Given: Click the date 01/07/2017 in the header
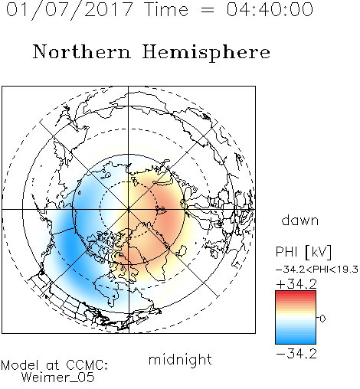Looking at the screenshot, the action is point(70,10).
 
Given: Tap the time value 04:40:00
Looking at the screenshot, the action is point(270,9).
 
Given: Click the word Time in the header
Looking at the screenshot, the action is point(166,9).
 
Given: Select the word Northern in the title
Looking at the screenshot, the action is point(82,51).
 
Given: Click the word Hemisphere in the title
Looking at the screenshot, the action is point(206,53).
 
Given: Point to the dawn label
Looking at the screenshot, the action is point(300,220).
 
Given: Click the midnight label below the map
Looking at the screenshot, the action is point(180,359).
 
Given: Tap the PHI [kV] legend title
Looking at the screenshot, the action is point(303,252).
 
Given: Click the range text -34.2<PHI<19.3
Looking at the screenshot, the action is point(317,270).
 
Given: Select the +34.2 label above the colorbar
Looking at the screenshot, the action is point(296,284).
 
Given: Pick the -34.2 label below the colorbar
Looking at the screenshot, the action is point(296,354).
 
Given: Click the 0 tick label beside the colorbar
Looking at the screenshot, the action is point(322,319).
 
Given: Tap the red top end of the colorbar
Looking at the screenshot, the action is point(296,293).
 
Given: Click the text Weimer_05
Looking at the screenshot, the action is point(58,378).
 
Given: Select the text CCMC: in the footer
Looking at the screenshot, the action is point(87,365).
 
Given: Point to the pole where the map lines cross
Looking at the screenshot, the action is point(129,209).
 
